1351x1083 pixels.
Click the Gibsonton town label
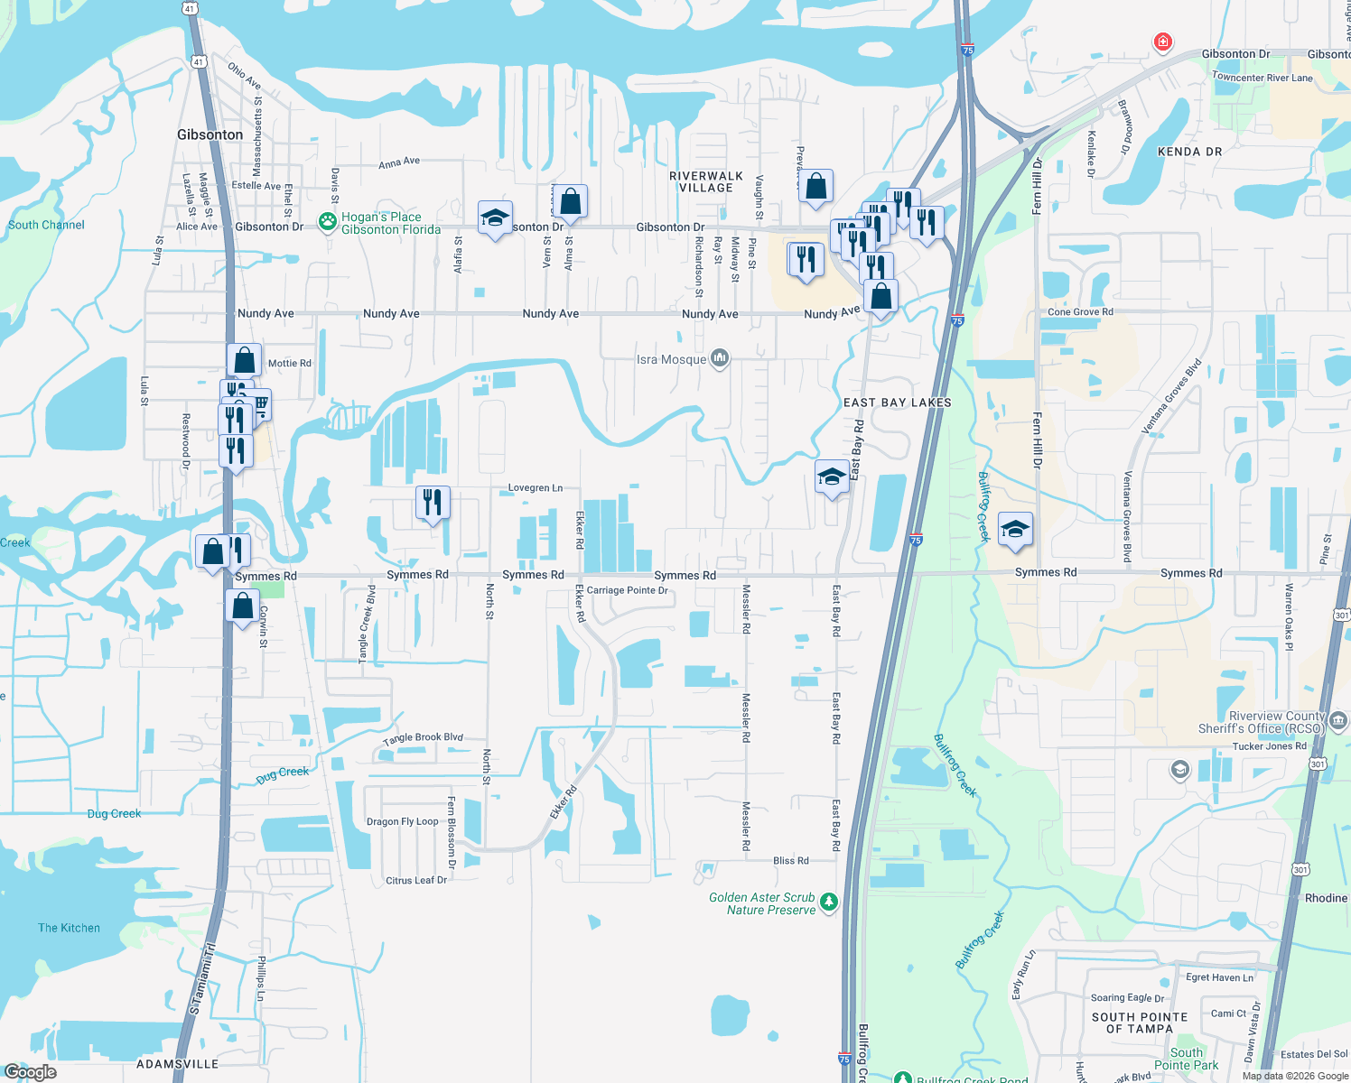click(210, 134)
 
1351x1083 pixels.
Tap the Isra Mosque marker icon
click(719, 359)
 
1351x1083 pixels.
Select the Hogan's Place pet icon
click(327, 221)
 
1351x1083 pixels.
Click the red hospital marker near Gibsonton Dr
click(1162, 42)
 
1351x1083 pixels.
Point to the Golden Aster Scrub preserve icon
click(829, 902)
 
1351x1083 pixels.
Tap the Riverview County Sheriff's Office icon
click(1338, 720)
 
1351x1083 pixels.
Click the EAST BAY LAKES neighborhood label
click(897, 403)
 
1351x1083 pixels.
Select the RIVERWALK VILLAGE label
click(706, 181)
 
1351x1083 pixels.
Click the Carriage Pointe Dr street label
click(627, 590)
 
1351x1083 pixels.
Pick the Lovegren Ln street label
click(535, 487)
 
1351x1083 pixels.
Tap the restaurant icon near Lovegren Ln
click(433, 502)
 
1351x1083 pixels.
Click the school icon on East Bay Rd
click(831, 477)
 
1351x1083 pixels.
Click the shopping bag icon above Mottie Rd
click(244, 360)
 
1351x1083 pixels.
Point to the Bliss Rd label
click(790, 860)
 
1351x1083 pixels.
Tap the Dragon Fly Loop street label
click(402, 821)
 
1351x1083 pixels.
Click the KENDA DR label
click(1189, 152)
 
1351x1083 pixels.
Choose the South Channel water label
click(46, 225)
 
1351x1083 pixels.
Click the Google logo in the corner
click(30, 1072)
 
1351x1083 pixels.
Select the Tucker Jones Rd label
click(1269, 746)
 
